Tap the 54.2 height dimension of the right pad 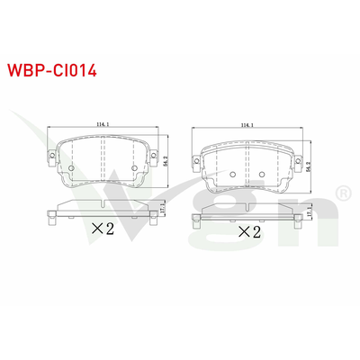point(312,164)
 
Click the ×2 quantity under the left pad point(103,229)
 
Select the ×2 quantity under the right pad point(249,232)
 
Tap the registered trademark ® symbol point(343,194)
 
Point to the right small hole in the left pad point(136,168)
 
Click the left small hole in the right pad point(231,173)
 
